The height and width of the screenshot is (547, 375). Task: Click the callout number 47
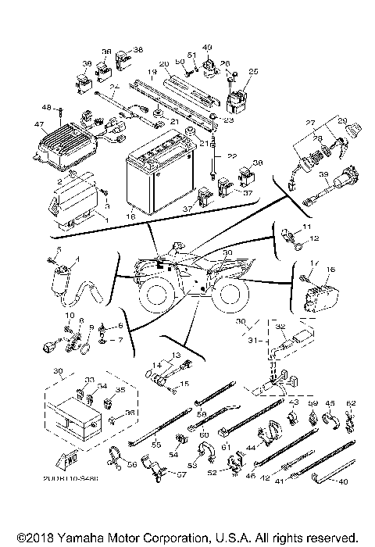[39, 124]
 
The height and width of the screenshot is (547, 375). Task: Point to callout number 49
[207, 47]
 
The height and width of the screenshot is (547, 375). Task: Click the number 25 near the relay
[252, 71]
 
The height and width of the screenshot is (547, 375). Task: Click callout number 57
[180, 474]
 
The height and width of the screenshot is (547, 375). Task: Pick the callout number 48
[46, 106]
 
